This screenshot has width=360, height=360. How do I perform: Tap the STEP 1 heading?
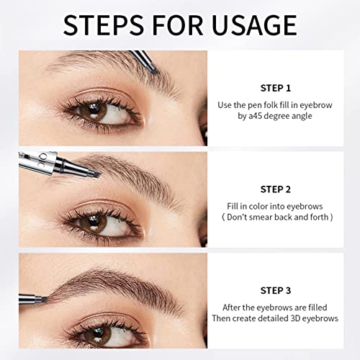(x=276, y=89)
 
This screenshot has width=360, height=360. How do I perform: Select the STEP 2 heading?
(x=276, y=189)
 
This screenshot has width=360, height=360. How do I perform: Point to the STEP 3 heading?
(x=276, y=291)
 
